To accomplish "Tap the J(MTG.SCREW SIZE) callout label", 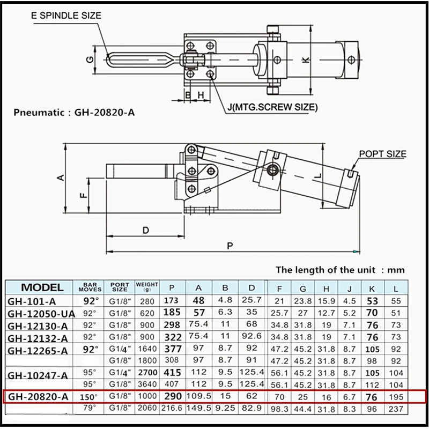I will coord(272,107).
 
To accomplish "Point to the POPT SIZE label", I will coord(382,154).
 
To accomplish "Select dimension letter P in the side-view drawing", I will coord(229,246).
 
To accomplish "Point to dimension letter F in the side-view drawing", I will coord(84,196).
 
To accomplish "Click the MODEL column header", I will coord(42,287).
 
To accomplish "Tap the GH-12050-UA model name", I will coord(40,313).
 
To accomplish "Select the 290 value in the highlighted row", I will coord(172,397).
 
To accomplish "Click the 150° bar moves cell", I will coord(90,397).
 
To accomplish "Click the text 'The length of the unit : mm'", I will coord(340,270).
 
